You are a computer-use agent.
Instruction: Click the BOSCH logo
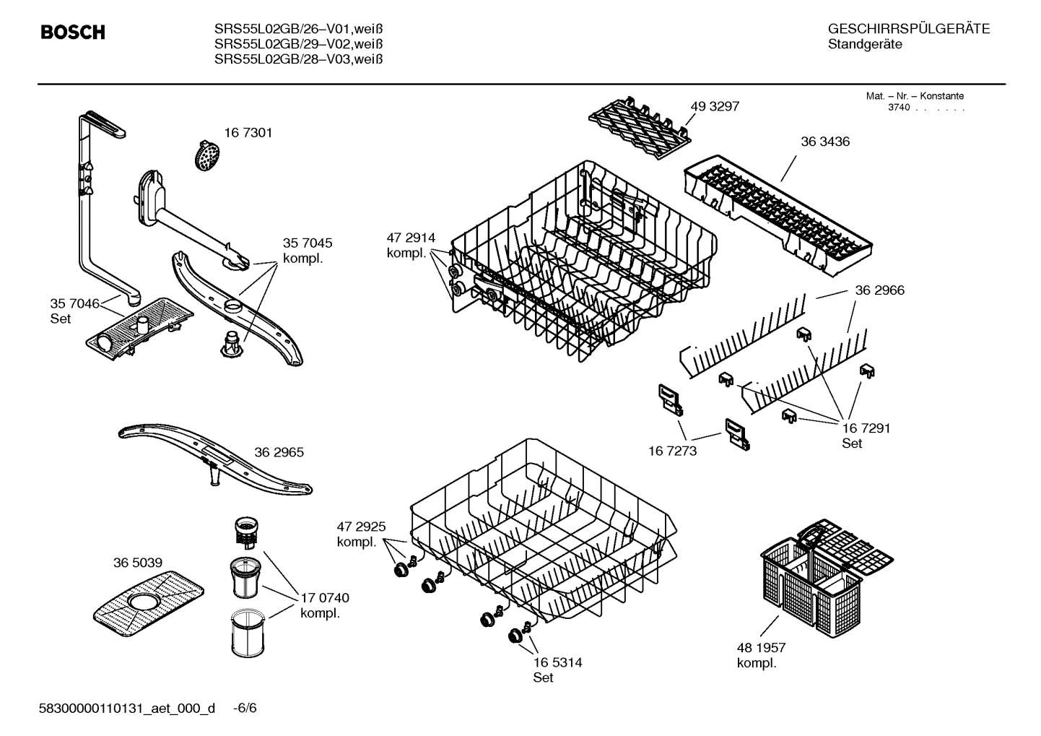pyautogui.click(x=73, y=33)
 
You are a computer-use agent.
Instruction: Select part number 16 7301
pyautogui.click(x=248, y=133)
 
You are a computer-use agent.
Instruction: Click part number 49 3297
pyautogui.click(x=715, y=106)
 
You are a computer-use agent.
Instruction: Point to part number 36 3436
pyautogui.click(x=825, y=142)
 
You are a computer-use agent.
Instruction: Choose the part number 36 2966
pyautogui.click(x=879, y=290)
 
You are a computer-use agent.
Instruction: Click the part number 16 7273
pyautogui.click(x=672, y=451)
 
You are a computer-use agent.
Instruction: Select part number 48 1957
pyautogui.click(x=761, y=648)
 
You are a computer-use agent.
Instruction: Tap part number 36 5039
pyautogui.click(x=137, y=563)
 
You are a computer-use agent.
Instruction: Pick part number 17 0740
pyautogui.click(x=324, y=598)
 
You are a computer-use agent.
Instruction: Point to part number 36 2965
pyautogui.click(x=279, y=453)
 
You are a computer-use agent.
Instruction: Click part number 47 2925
pyautogui.click(x=361, y=527)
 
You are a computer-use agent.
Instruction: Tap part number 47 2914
pyautogui.click(x=411, y=238)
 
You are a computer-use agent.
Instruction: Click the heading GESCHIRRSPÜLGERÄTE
pyautogui.click(x=908, y=29)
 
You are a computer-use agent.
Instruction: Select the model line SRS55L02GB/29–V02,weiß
pyautogui.click(x=298, y=44)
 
